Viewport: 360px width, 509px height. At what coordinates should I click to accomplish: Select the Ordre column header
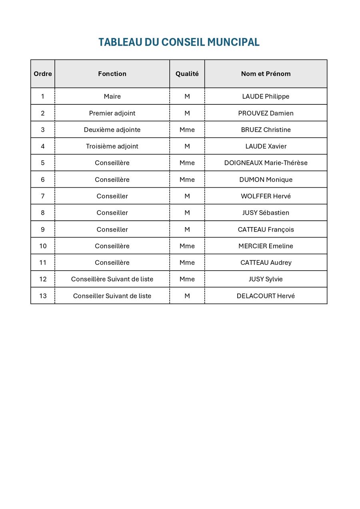(x=43, y=74)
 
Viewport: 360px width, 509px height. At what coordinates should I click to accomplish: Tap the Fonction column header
(x=112, y=74)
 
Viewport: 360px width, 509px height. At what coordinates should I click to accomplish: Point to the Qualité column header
(x=187, y=74)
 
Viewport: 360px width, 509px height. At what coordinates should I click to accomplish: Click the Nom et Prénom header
(x=266, y=74)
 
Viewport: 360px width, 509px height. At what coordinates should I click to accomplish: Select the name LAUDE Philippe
(x=266, y=96)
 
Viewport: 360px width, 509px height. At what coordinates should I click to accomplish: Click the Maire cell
(x=112, y=96)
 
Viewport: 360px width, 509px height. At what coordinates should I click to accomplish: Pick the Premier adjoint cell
(x=112, y=113)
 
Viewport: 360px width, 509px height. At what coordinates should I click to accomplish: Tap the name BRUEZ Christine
(x=266, y=130)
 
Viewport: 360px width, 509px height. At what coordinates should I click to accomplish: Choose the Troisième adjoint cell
(x=112, y=146)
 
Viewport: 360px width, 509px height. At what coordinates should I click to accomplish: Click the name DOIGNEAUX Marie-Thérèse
(x=266, y=163)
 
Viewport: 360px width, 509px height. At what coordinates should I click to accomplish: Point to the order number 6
(x=43, y=180)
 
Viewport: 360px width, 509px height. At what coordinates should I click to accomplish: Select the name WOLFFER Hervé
(x=266, y=196)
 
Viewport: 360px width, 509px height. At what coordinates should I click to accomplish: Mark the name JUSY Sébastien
(x=266, y=213)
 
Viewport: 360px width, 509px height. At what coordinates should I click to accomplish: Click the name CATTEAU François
(x=266, y=230)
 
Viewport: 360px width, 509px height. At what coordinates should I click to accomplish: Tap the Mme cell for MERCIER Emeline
(x=187, y=246)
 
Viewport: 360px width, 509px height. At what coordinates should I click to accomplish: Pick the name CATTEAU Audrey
(x=266, y=263)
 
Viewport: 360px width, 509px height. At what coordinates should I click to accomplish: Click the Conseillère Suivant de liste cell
(x=112, y=279)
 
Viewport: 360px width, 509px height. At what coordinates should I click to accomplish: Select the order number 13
(x=43, y=296)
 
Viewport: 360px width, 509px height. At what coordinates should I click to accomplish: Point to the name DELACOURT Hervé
(x=266, y=296)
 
